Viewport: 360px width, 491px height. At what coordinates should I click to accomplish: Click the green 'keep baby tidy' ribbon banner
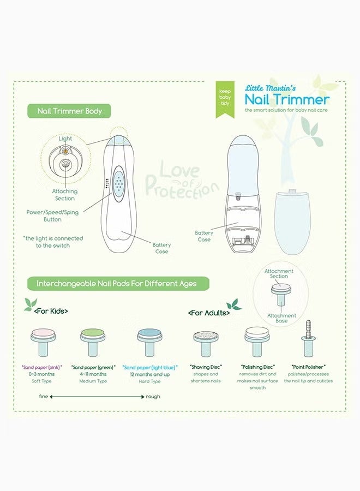coord(225,99)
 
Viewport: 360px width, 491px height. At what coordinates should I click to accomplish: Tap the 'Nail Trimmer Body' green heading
coord(69,111)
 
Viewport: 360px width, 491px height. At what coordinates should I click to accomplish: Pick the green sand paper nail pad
coord(93,342)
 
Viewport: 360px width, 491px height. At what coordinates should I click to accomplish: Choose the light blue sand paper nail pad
coord(149,342)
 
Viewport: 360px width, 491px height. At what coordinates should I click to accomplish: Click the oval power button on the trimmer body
coord(119,184)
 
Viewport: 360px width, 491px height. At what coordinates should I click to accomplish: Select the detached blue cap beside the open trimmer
coord(292,221)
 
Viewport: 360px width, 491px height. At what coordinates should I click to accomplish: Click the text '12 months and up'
coord(149,374)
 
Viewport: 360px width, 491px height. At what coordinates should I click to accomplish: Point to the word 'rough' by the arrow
coord(153,397)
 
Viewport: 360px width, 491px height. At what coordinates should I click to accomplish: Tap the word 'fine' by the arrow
coord(44,397)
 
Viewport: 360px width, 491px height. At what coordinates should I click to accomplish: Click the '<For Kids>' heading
coord(51,311)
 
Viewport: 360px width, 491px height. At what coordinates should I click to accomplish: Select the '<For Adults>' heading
coord(209,313)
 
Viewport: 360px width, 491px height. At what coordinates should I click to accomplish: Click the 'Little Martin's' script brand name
coord(270,88)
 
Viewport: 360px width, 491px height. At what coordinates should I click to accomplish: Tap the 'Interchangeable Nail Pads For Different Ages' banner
coord(118,284)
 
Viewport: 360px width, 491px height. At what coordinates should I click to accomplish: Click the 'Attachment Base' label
coord(281,318)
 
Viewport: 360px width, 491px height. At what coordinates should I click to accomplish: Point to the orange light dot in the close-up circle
coord(65,151)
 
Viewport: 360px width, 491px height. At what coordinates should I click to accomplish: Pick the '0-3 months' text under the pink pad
coord(41,374)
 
